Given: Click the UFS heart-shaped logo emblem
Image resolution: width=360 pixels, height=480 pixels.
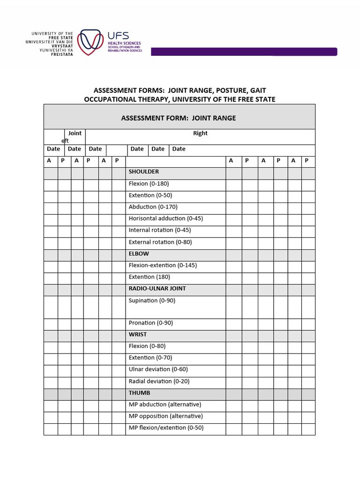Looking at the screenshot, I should [90, 42].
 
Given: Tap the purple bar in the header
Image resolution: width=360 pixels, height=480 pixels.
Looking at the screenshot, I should [244, 52].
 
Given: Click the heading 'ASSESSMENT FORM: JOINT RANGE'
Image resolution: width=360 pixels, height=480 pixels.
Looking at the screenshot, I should [179, 118].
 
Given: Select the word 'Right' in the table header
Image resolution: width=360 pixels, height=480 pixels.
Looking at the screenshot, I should [200, 133].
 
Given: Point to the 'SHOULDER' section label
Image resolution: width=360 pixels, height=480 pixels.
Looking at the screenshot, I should [144, 172].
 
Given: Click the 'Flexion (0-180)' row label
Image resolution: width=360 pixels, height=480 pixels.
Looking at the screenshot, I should [149, 183].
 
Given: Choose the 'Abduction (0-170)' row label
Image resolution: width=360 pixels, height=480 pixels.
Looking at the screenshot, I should [153, 207].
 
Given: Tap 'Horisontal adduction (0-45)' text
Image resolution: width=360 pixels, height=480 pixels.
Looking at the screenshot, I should [165, 218].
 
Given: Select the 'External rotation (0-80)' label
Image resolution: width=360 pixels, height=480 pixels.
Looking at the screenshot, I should [160, 242].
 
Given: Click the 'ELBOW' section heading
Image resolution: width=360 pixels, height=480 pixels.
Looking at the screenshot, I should [139, 254].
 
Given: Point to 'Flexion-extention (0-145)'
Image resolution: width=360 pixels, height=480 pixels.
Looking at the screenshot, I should [163, 265].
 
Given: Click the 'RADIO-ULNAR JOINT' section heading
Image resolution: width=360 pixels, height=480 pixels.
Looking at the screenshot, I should [157, 288].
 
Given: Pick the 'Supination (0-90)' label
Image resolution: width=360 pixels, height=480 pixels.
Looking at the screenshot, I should [152, 300].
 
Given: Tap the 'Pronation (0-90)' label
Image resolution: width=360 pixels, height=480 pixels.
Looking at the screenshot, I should [151, 323].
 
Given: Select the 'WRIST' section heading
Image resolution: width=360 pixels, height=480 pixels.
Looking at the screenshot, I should [138, 334].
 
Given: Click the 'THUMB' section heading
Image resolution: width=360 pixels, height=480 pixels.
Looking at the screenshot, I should [139, 393].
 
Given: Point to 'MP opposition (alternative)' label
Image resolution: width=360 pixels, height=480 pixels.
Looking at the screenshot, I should [165, 416].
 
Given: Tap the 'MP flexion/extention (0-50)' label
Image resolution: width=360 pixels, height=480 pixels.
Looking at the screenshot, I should [166, 427].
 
